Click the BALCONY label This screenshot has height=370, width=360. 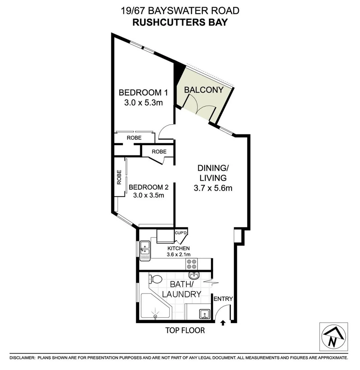click(204, 90)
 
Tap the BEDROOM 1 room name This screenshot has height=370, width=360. click(140, 92)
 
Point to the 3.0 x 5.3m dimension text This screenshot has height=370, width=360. click(140, 102)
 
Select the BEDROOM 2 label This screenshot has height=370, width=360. click(149, 187)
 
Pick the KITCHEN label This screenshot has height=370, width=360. click(178, 248)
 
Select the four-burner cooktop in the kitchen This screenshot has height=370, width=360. click(191, 264)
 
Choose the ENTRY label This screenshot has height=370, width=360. click(223, 299)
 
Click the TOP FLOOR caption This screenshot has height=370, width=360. click(185, 331)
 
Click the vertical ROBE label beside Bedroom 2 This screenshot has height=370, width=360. click(119, 177)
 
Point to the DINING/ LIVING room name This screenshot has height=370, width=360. click(212, 173)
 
